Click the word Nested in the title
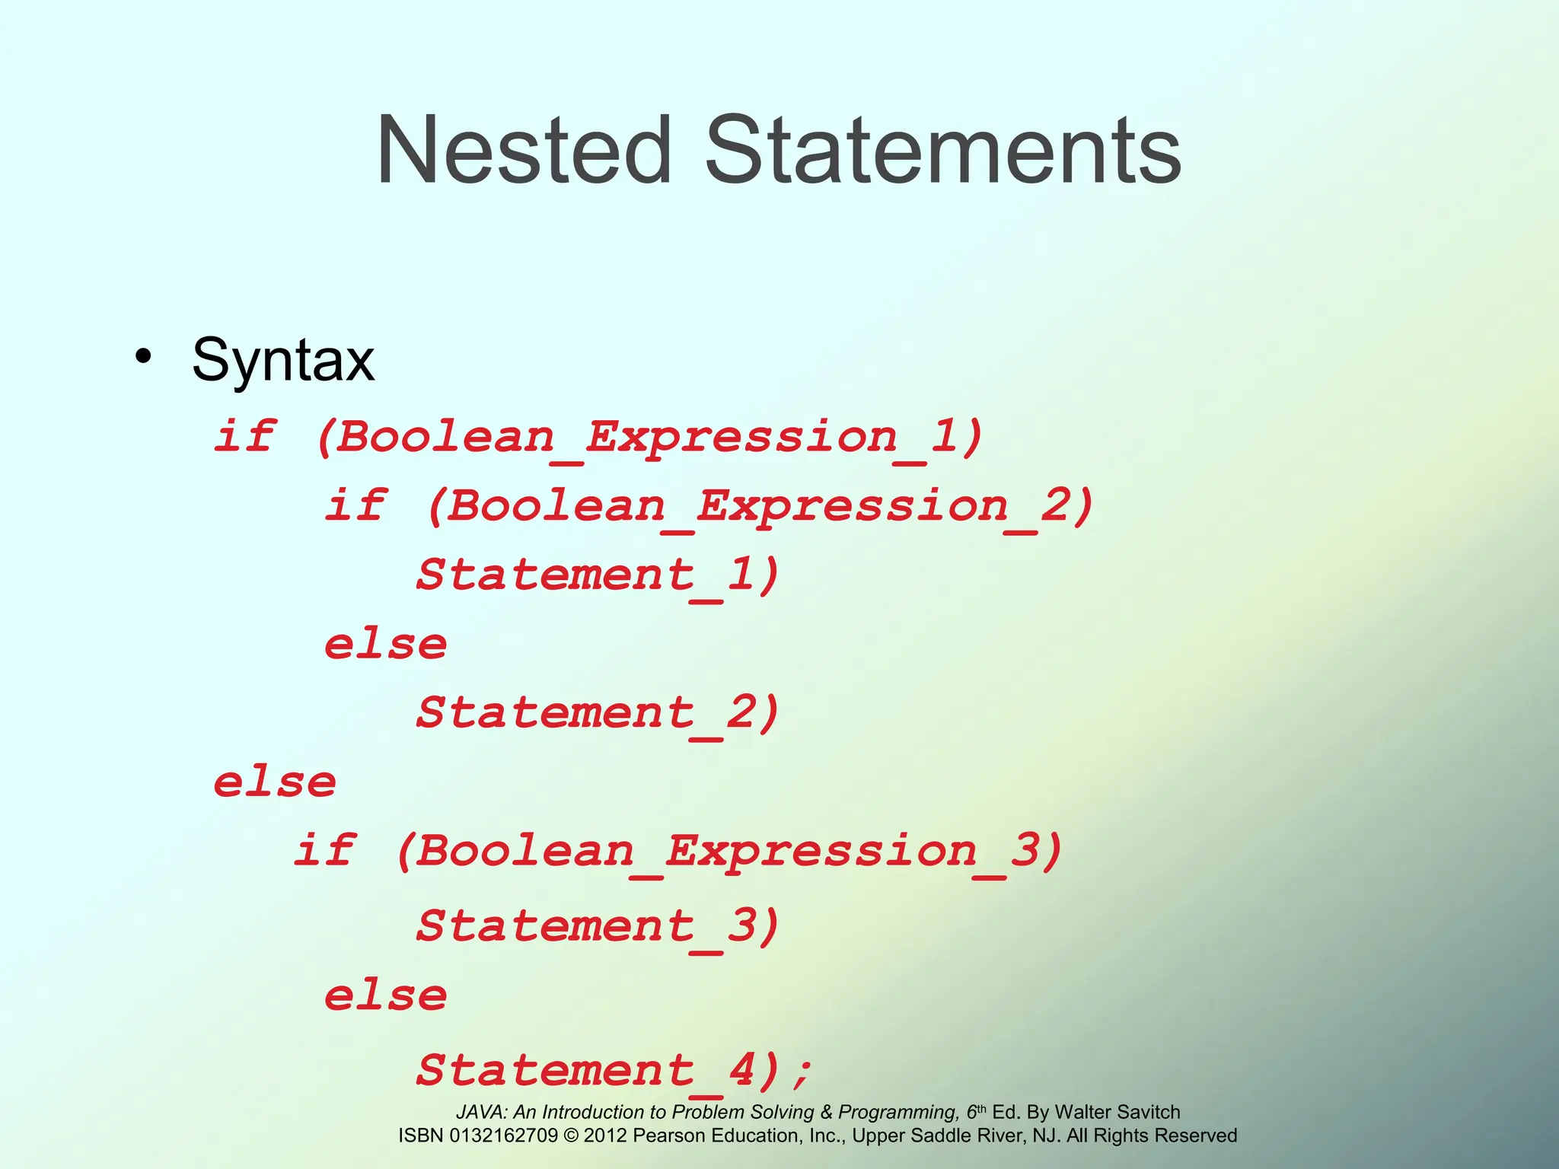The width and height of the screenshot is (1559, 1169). click(524, 150)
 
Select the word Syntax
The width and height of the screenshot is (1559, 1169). click(282, 360)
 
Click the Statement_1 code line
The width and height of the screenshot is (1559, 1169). click(598, 575)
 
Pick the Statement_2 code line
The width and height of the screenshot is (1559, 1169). click(598, 713)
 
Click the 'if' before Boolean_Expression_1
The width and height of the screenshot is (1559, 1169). click(244, 436)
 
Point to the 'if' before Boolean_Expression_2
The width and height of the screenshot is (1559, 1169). click(355, 505)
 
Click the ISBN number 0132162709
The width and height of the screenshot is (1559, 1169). click(503, 1136)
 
